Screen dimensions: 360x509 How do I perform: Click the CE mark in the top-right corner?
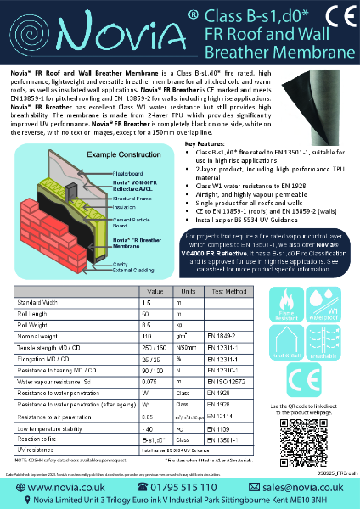click(334, 20)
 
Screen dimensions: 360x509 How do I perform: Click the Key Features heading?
click(209, 121)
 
